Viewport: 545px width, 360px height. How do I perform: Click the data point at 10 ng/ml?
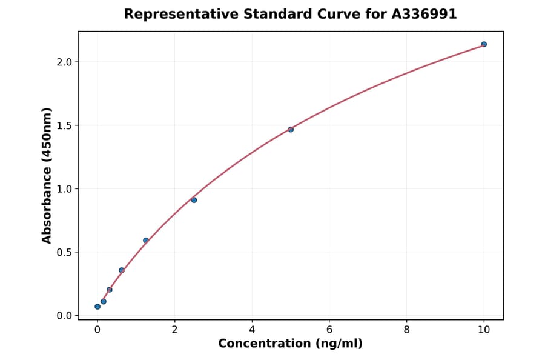click(484, 44)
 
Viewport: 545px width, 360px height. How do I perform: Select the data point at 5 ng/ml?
click(291, 129)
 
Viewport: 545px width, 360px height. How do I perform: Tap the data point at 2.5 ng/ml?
click(194, 200)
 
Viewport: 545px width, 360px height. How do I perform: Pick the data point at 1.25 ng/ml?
click(146, 241)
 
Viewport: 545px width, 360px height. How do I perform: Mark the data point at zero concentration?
click(97, 307)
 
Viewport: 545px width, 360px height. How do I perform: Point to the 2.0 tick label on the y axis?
click(64, 62)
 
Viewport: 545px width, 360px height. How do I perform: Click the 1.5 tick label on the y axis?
click(64, 125)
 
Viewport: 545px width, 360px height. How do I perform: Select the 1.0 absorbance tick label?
click(64, 189)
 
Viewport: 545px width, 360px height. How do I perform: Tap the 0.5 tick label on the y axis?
click(64, 252)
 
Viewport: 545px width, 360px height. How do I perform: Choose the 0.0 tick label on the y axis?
click(64, 316)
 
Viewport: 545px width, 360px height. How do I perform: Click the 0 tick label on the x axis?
click(97, 330)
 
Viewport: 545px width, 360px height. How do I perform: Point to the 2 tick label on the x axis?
click(174, 330)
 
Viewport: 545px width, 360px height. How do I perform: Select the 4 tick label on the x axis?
click(252, 330)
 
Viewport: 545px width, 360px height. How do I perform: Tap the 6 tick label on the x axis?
click(329, 330)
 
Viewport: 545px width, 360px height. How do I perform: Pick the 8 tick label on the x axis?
click(406, 330)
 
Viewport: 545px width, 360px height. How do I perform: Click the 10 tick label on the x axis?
click(484, 330)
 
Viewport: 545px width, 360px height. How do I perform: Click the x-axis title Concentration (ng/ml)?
click(290, 344)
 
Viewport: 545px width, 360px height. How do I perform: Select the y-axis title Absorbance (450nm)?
click(47, 175)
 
